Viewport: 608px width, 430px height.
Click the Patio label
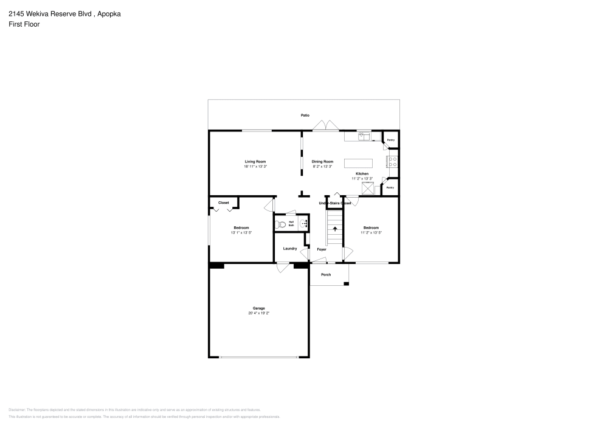pyautogui.click(x=305, y=115)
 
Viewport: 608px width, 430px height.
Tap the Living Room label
pyautogui.click(x=255, y=161)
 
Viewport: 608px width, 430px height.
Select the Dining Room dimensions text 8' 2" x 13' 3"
pyautogui.click(x=323, y=166)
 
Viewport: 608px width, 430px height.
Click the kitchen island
pyautogui.click(x=358, y=163)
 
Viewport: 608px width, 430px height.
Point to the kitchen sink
pyautogui.click(x=363, y=136)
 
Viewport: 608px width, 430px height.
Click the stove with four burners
pyautogui.click(x=392, y=162)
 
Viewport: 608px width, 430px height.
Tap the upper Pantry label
pyautogui.click(x=391, y=140)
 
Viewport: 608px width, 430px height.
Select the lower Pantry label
pyautogui.click(x=390, y=187)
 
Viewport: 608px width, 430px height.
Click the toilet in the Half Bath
pyautogui.click(x=281, y=224)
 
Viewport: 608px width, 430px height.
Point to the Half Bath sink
pyautogui.click(x=304, y=224)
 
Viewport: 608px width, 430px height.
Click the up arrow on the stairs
pyautogui.click(x=334, y=229)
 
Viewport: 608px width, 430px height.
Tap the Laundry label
pyautogui.click(x=290, y=248)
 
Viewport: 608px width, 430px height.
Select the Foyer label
pyautogui.click(x=322, y=249)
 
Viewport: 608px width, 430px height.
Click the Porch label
pyautogui.click(x=326, y=274)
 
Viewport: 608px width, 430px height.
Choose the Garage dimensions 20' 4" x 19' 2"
pyautogui.click(x=258, y=313)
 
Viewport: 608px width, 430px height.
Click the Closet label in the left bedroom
pyautogui.click(x=223, y=203)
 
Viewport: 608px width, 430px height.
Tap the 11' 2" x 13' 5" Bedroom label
pyautogui.click(x=371, y=232)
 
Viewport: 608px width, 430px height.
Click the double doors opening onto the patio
pyautogui.click(x=326, y=125)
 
